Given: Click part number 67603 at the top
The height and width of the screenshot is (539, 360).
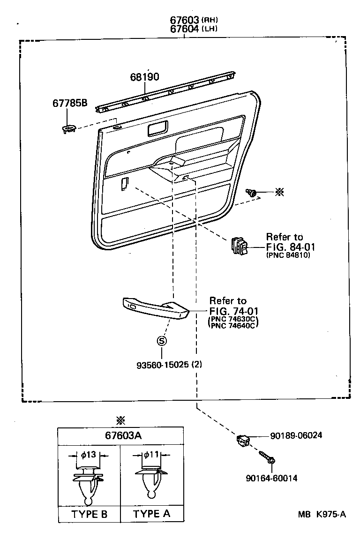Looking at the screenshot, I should [x=185, y=20].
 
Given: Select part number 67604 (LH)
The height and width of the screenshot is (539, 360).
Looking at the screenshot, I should [x=185, y=29].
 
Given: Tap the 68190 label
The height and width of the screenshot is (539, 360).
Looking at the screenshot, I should [x=144, y=77].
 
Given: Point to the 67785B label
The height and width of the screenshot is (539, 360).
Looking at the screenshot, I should [x=69, y=104].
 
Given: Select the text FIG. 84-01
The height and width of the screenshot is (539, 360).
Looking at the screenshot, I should [x=288, y=247].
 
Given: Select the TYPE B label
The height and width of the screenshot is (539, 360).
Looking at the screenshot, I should [x=89, y=514].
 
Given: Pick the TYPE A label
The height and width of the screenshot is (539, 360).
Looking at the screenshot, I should [x=151, y=514].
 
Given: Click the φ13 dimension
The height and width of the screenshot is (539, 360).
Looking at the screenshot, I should [x=89, y=454].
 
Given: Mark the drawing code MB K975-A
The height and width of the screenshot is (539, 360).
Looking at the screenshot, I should [x=322, y=514].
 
